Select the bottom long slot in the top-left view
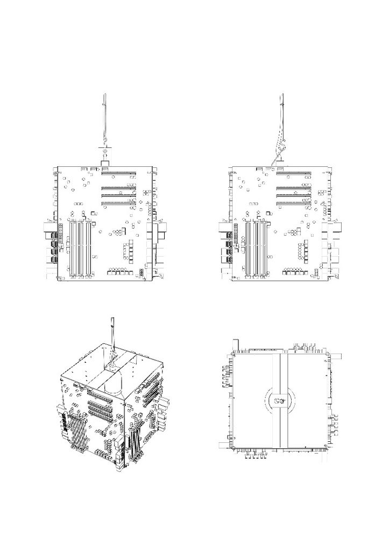point(118,203)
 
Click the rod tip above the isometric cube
point(112,321)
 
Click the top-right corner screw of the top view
point(327,354)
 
